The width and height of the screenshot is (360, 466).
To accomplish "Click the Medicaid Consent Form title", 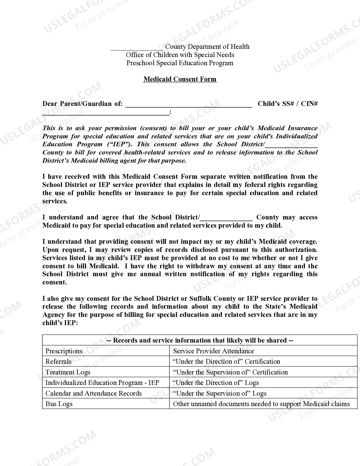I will coord(180,79).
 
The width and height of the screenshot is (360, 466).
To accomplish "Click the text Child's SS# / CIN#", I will coord(287,104).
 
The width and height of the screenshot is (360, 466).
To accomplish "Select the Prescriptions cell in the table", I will coord(106,351).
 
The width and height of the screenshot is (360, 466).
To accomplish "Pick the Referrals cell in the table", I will coord(106,362).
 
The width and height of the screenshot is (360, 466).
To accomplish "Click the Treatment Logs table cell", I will coord(106,372).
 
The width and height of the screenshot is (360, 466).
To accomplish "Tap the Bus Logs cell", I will coord(106,404).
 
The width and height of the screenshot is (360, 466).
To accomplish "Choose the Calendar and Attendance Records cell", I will coord(106,393).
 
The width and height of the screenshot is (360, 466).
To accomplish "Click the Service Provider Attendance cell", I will coord(263,351).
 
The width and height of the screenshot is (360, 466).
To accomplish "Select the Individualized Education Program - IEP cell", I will coord(106,383).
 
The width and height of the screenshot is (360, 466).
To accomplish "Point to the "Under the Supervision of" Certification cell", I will coord(263,372).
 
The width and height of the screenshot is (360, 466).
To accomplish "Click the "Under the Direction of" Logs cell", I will coord(263,383).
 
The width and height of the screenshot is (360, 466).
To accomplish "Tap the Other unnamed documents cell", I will coord(263,404).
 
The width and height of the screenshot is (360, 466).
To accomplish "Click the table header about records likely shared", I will coord(200,340).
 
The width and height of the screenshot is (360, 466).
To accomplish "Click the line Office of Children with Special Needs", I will coord(180,55).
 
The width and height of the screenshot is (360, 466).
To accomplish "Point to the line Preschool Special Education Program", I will coord(180,63).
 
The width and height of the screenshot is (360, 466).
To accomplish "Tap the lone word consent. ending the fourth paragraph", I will coord(54,282).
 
